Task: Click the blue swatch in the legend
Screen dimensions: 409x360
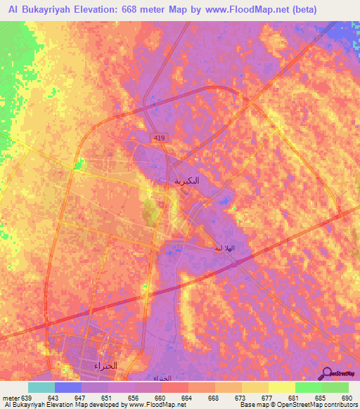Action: click(x=67, y=387)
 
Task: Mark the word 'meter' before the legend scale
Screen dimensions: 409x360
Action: click(x=11, y=398)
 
